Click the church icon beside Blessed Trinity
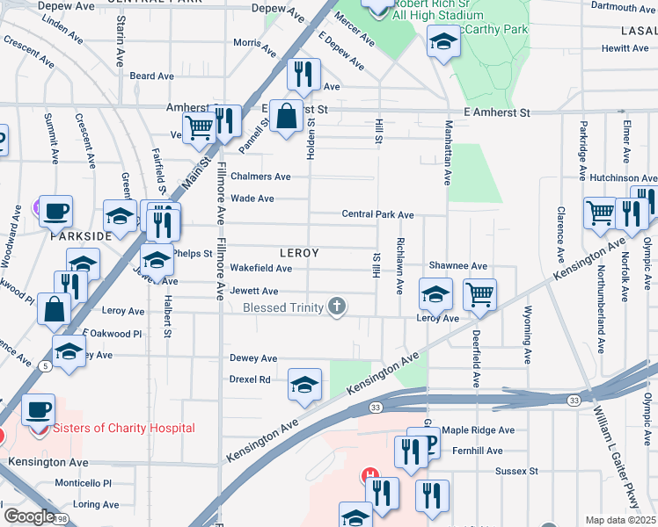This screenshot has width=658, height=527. coord(336,307)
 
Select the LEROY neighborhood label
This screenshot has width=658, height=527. coord(298,253)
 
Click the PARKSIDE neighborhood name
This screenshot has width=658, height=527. coord(81,236)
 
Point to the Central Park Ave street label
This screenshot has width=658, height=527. coord(377,214)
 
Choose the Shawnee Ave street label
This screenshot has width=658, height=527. coord(457,265)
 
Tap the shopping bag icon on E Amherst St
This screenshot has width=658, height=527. coord(286,116)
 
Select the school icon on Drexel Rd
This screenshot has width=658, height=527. coord(304,385)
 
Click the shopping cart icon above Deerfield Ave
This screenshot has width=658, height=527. coord(479,294)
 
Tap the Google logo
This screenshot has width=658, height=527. coord(29,516)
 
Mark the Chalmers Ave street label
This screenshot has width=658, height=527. coord(260,177)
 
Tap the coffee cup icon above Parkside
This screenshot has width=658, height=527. coord(55,211)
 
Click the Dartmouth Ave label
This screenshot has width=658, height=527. coord(622,8)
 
